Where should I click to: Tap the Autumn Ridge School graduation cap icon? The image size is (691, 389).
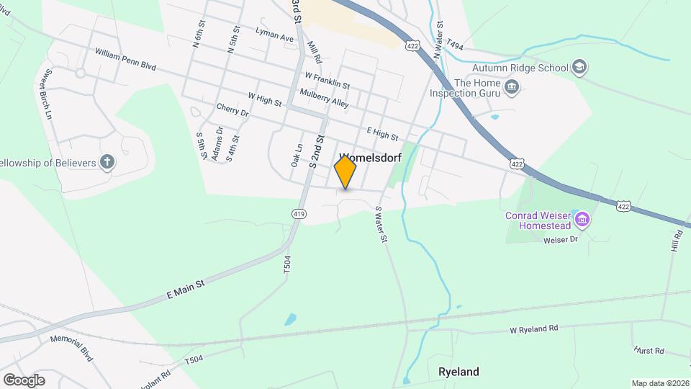pyautogui.click(x=580, y=68)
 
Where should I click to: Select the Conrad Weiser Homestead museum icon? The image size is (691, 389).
pyautogui.click(x=582, y=218)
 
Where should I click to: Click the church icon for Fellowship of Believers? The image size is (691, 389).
pyautogui.click(x=107, y=162)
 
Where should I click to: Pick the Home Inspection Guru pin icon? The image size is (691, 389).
pyautogui.click(x=512, y=88)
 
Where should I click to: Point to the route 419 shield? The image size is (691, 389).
pyautogui.click(x=300, y=213)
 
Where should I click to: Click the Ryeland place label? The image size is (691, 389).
pyautogui.click(x=459, y=372)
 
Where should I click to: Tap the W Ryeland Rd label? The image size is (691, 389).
pyautogui.click(x=533, y=329)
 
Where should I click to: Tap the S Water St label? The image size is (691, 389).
pyautogui.click(x=381, y=224)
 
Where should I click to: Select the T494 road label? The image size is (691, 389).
pyautogui.click(x=455, y=45)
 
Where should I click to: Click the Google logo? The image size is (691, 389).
pyautogui.click(x=24, y=380)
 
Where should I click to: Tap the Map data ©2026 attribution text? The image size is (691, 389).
pyautogui.click(x=659, y=383)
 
